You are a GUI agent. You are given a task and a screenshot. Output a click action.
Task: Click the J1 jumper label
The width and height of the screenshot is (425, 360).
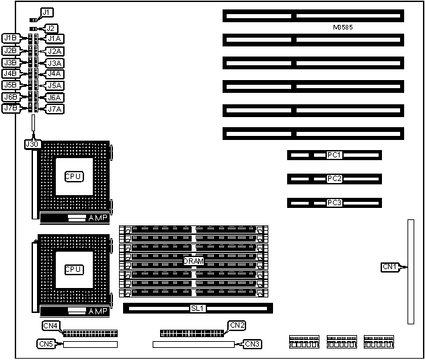point(46,12)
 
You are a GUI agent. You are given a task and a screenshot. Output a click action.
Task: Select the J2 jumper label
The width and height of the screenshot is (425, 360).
point(50,28)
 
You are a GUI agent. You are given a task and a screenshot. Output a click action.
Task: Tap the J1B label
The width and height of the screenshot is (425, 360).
point(10,38)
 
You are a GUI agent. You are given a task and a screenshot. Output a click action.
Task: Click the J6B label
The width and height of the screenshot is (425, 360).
point(10,96)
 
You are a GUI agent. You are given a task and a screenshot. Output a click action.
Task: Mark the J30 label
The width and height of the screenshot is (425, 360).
point(32,143)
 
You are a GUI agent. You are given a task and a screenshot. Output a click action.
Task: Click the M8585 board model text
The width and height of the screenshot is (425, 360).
point(343,28)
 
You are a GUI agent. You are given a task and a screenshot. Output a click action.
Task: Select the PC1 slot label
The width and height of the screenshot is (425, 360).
point(334,155)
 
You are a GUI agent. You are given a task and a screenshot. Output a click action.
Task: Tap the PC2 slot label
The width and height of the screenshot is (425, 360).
point(334,179)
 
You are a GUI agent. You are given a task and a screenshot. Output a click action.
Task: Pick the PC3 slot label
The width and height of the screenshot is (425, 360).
point(334,203)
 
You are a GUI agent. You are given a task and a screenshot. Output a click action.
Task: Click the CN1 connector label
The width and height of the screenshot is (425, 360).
point(390,267)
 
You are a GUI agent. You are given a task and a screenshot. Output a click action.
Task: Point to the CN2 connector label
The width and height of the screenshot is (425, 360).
point(237,326)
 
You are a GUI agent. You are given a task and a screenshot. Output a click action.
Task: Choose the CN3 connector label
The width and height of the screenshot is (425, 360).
point(252,344)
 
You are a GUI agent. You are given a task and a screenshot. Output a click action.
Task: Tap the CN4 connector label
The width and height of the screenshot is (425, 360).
point(51,326)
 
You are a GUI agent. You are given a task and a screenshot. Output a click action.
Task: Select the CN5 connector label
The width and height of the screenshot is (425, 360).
point(46,344)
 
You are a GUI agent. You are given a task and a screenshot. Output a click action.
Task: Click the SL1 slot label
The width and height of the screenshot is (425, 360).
point(198,309)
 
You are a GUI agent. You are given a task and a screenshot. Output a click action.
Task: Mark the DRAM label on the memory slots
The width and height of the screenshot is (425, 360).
point(193,261)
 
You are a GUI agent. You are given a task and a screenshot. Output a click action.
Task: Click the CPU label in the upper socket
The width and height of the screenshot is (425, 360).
point(73,176)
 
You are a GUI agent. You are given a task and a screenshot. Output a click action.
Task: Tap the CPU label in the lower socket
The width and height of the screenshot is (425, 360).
point(73,269)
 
